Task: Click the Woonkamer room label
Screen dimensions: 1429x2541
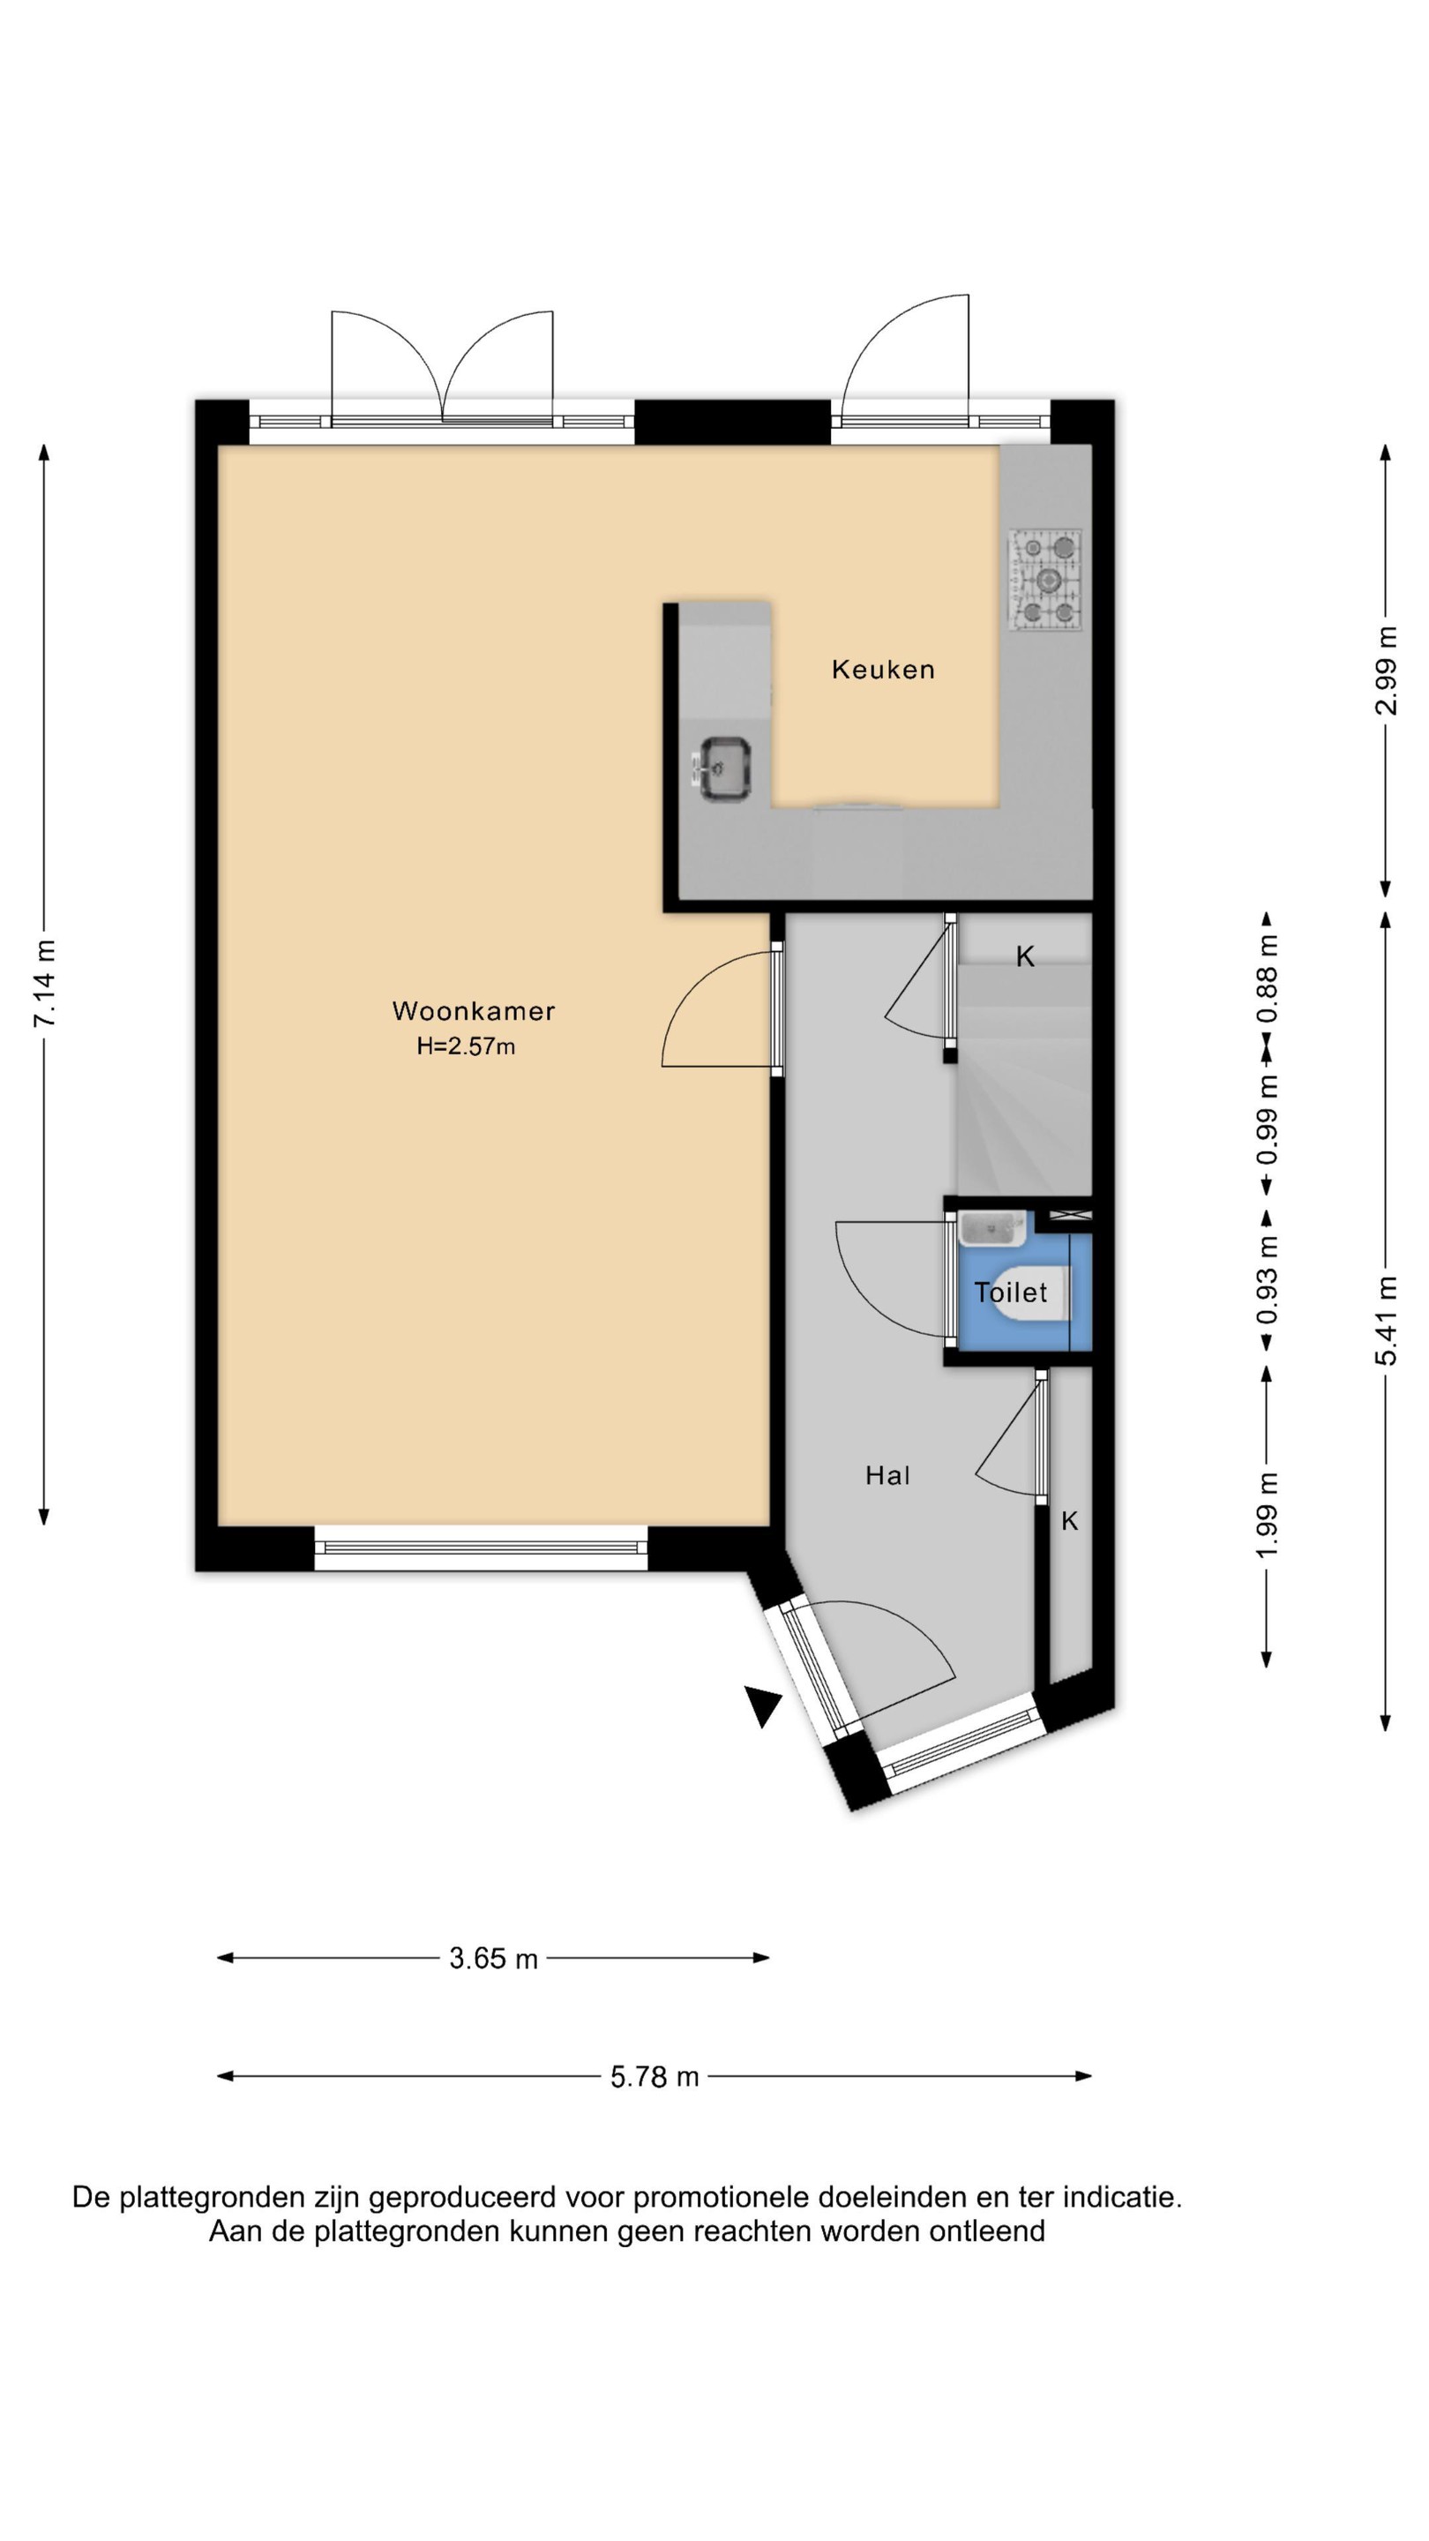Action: [474, 1011]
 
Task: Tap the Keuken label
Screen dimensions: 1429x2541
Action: [883, 670]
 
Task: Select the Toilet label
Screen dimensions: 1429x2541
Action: [1011, 1293]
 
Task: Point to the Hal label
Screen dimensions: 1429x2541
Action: [887, 1476]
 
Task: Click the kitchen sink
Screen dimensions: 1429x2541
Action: [725, 768]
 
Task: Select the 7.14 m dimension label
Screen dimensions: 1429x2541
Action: [44, 984]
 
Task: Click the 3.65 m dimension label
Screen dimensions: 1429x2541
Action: [493, 1959]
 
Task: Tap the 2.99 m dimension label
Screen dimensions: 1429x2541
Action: [1387, 671]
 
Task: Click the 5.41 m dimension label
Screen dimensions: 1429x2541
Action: [1387, 1321]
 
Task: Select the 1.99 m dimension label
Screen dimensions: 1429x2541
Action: [1268, 1516]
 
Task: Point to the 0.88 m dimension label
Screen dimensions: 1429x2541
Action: [1268, 979]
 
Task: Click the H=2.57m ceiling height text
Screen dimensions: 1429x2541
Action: [466, 1046]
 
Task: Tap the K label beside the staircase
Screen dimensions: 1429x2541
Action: [1026, 956]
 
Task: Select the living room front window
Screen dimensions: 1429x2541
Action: [482, 1548]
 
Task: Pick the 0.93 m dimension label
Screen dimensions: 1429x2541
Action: [1268, 1279]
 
